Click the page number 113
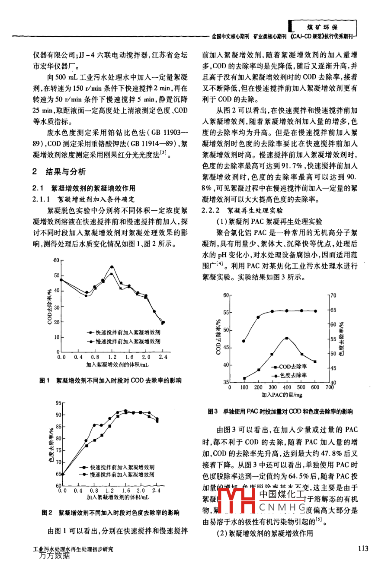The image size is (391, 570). pos(363,548)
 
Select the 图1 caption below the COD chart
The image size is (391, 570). pos(110,380)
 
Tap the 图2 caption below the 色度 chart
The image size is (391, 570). pos(110,513)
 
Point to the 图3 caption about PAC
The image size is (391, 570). pos(280,412)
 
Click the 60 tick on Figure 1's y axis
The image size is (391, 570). pos(56,260)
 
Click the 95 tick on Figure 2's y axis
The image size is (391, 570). pos(59,403)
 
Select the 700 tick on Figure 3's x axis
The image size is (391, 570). pos(329,387)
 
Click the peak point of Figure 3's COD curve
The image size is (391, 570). pos(286,338)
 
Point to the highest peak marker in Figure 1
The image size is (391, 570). pos(112,267)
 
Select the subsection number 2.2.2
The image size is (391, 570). pos(212,210)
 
